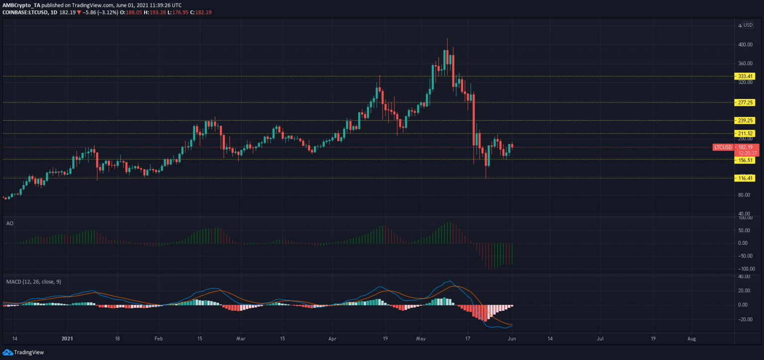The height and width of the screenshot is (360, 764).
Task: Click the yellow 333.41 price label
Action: click(745, 77)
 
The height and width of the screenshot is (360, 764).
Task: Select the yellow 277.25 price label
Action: click(745, 102)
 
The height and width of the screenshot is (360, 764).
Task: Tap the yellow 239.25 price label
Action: click(745, 120)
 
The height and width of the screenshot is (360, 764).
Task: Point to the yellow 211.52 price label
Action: click(745, 133)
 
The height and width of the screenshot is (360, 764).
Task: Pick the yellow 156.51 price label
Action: click(745, 160)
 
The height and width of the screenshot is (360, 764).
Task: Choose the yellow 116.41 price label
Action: click(745, 178)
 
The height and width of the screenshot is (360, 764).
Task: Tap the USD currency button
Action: click(748, 25)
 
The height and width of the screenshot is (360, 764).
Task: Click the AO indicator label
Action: click(10, 223)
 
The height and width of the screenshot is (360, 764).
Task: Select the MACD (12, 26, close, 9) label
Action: click(34, 281)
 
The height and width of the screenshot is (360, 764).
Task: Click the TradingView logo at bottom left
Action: click(23, 352)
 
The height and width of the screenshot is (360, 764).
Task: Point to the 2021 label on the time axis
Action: click(67, 339)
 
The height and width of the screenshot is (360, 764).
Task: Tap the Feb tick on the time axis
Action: click(159, 339)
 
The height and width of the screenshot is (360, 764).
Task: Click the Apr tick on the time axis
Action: click(332, 339)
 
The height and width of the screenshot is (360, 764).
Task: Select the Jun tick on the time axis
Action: click(512, 339)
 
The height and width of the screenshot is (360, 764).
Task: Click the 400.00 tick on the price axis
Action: click(745, 45)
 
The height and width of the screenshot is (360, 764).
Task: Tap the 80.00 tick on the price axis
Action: click(746, 195)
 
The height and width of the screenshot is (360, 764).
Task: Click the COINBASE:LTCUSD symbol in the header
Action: click(25, 12)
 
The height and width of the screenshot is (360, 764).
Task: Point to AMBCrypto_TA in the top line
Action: click(21, 5)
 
